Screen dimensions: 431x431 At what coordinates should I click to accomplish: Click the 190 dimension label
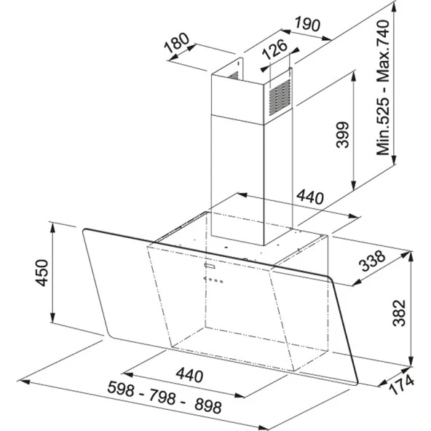pyautogui.click(x=307, y=24)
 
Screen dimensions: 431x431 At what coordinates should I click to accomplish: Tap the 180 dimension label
pyautogui.click(x=177, y=43)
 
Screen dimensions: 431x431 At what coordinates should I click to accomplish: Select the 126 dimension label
pyautogui.click(x=274, y=50)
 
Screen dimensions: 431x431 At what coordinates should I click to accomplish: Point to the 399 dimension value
pyautogui.click(x=343, y=135)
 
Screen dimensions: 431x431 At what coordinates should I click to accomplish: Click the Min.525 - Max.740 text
pyautogui.click(x=383, y=87)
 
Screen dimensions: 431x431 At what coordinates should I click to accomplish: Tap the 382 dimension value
pyautogui.click(x=399, y=313)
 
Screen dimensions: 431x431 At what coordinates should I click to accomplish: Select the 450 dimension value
pyautogui.click(x=41, y=273)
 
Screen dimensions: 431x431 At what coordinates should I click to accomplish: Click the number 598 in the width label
pyautogui.click(x=121, y=389)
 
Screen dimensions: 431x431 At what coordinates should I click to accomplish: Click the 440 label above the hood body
pyautogui.click(x=310, y=197)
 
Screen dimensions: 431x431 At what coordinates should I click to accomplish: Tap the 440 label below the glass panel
pyautogui.click(x=189, y=375)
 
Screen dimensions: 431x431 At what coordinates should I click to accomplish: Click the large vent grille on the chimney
pyautogui.click(x=280, y=98)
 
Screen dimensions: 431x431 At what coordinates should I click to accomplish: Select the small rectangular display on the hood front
pyautogui.click(x=210, y=265)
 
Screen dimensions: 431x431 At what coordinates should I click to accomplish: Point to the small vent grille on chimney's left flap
pyautogui.click(x=234, y=75)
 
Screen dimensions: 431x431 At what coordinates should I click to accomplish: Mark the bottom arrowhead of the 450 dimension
pyautogui.click(x=52, y=317)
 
